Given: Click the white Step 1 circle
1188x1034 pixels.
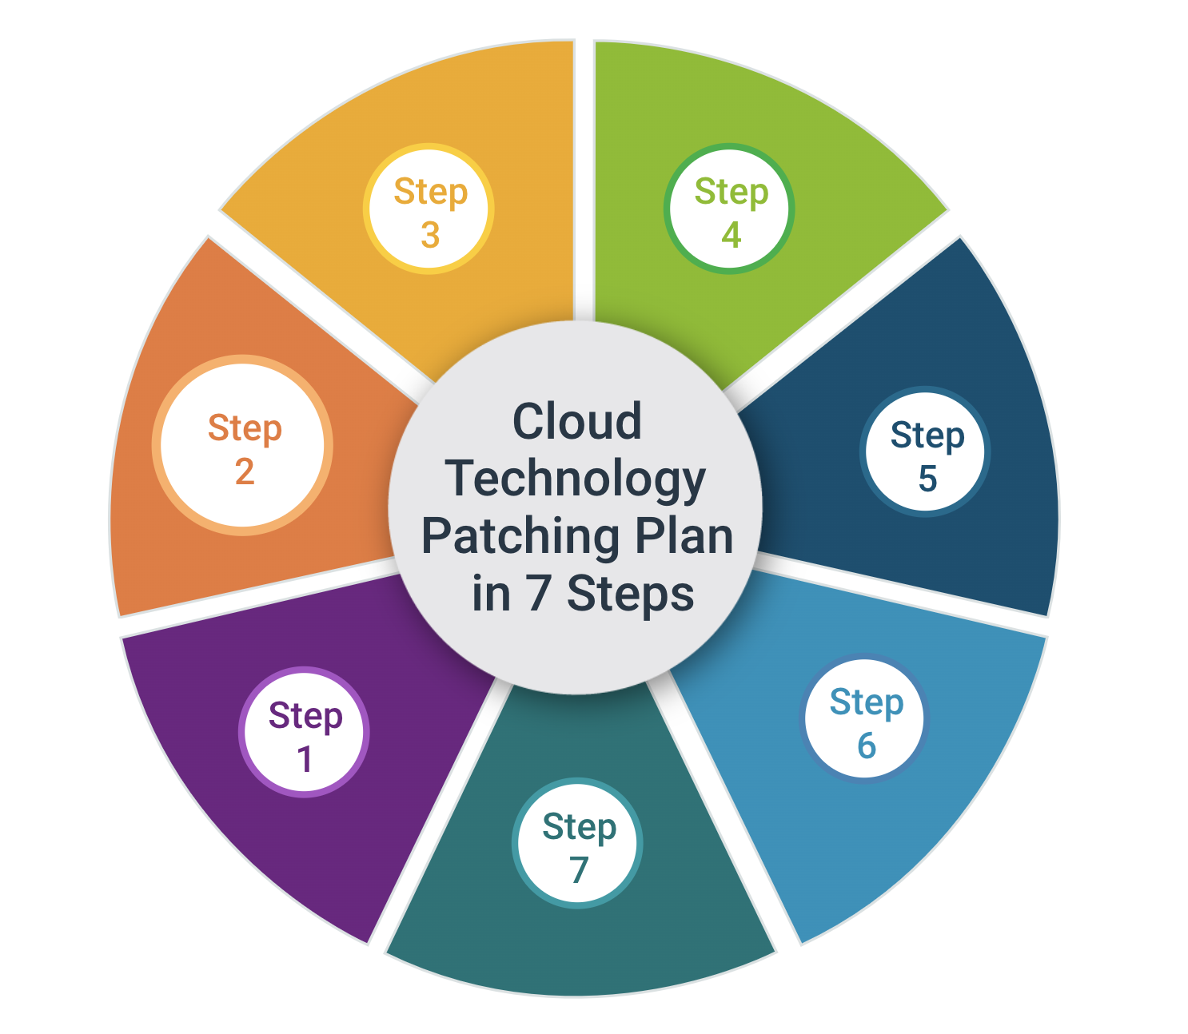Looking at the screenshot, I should tap(304, 731).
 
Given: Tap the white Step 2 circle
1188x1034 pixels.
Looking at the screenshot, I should tap(243, 445).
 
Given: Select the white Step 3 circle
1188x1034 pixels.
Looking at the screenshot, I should tap(429, 209).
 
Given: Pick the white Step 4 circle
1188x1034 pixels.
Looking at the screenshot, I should tap(729, 209).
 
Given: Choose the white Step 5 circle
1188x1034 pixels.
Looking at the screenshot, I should tap(926, 452).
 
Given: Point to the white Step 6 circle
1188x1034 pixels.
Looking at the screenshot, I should tap(865, 719).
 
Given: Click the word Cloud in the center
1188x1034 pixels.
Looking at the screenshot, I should tap(576, 421).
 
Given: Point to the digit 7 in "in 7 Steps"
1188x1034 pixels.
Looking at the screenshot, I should tap(538, 594).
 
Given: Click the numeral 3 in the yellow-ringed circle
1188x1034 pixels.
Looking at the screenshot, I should tap(430, 236).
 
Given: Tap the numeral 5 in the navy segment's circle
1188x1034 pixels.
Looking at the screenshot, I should tap(927, 479).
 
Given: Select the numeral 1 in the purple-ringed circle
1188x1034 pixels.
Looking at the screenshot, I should tap(305, 759).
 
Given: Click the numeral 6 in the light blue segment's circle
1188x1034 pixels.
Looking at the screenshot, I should tap(867, 746).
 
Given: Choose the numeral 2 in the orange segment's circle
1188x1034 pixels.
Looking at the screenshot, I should tap(245, 472).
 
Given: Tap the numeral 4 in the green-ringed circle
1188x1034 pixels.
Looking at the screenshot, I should tap(731, 236).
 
